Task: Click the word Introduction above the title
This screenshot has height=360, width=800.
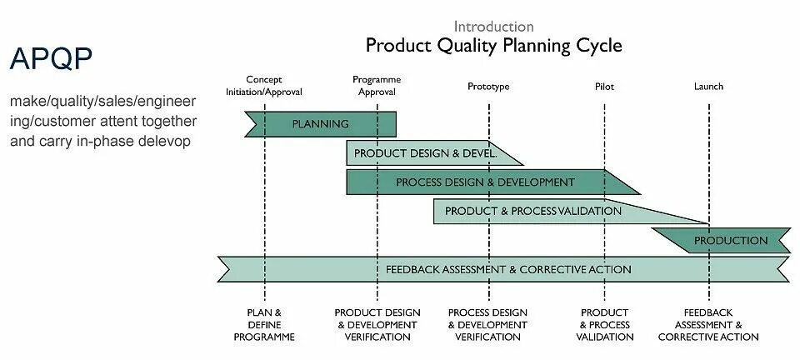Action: [494, 27]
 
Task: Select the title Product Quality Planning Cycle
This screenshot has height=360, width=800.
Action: [494, 45]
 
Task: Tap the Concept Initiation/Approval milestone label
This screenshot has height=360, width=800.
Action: [264, 86]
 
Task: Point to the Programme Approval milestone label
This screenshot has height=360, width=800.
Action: [377, 86]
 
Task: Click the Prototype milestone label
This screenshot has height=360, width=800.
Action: [488, 87]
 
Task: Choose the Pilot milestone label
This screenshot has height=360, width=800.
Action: [604, 87]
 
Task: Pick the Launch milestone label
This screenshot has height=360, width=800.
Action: [708, 87]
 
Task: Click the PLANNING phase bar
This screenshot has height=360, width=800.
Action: [320, 124]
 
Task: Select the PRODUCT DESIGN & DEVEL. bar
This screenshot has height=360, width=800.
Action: [425, 153]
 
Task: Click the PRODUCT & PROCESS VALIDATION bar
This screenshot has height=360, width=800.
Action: [533, 211]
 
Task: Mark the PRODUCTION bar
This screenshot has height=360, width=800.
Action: [731, 241]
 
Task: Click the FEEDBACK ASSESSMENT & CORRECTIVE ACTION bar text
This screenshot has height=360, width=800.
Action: [508, 270]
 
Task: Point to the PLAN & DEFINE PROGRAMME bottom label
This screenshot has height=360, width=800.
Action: [264, 325]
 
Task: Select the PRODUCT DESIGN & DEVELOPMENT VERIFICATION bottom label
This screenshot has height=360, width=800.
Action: [377, 325]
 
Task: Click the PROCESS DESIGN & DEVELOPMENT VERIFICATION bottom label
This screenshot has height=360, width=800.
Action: [488, 325]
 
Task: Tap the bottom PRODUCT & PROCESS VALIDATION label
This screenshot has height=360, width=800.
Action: [605, 325]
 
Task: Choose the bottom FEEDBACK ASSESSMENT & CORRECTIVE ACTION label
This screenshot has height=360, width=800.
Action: [708, 325]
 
